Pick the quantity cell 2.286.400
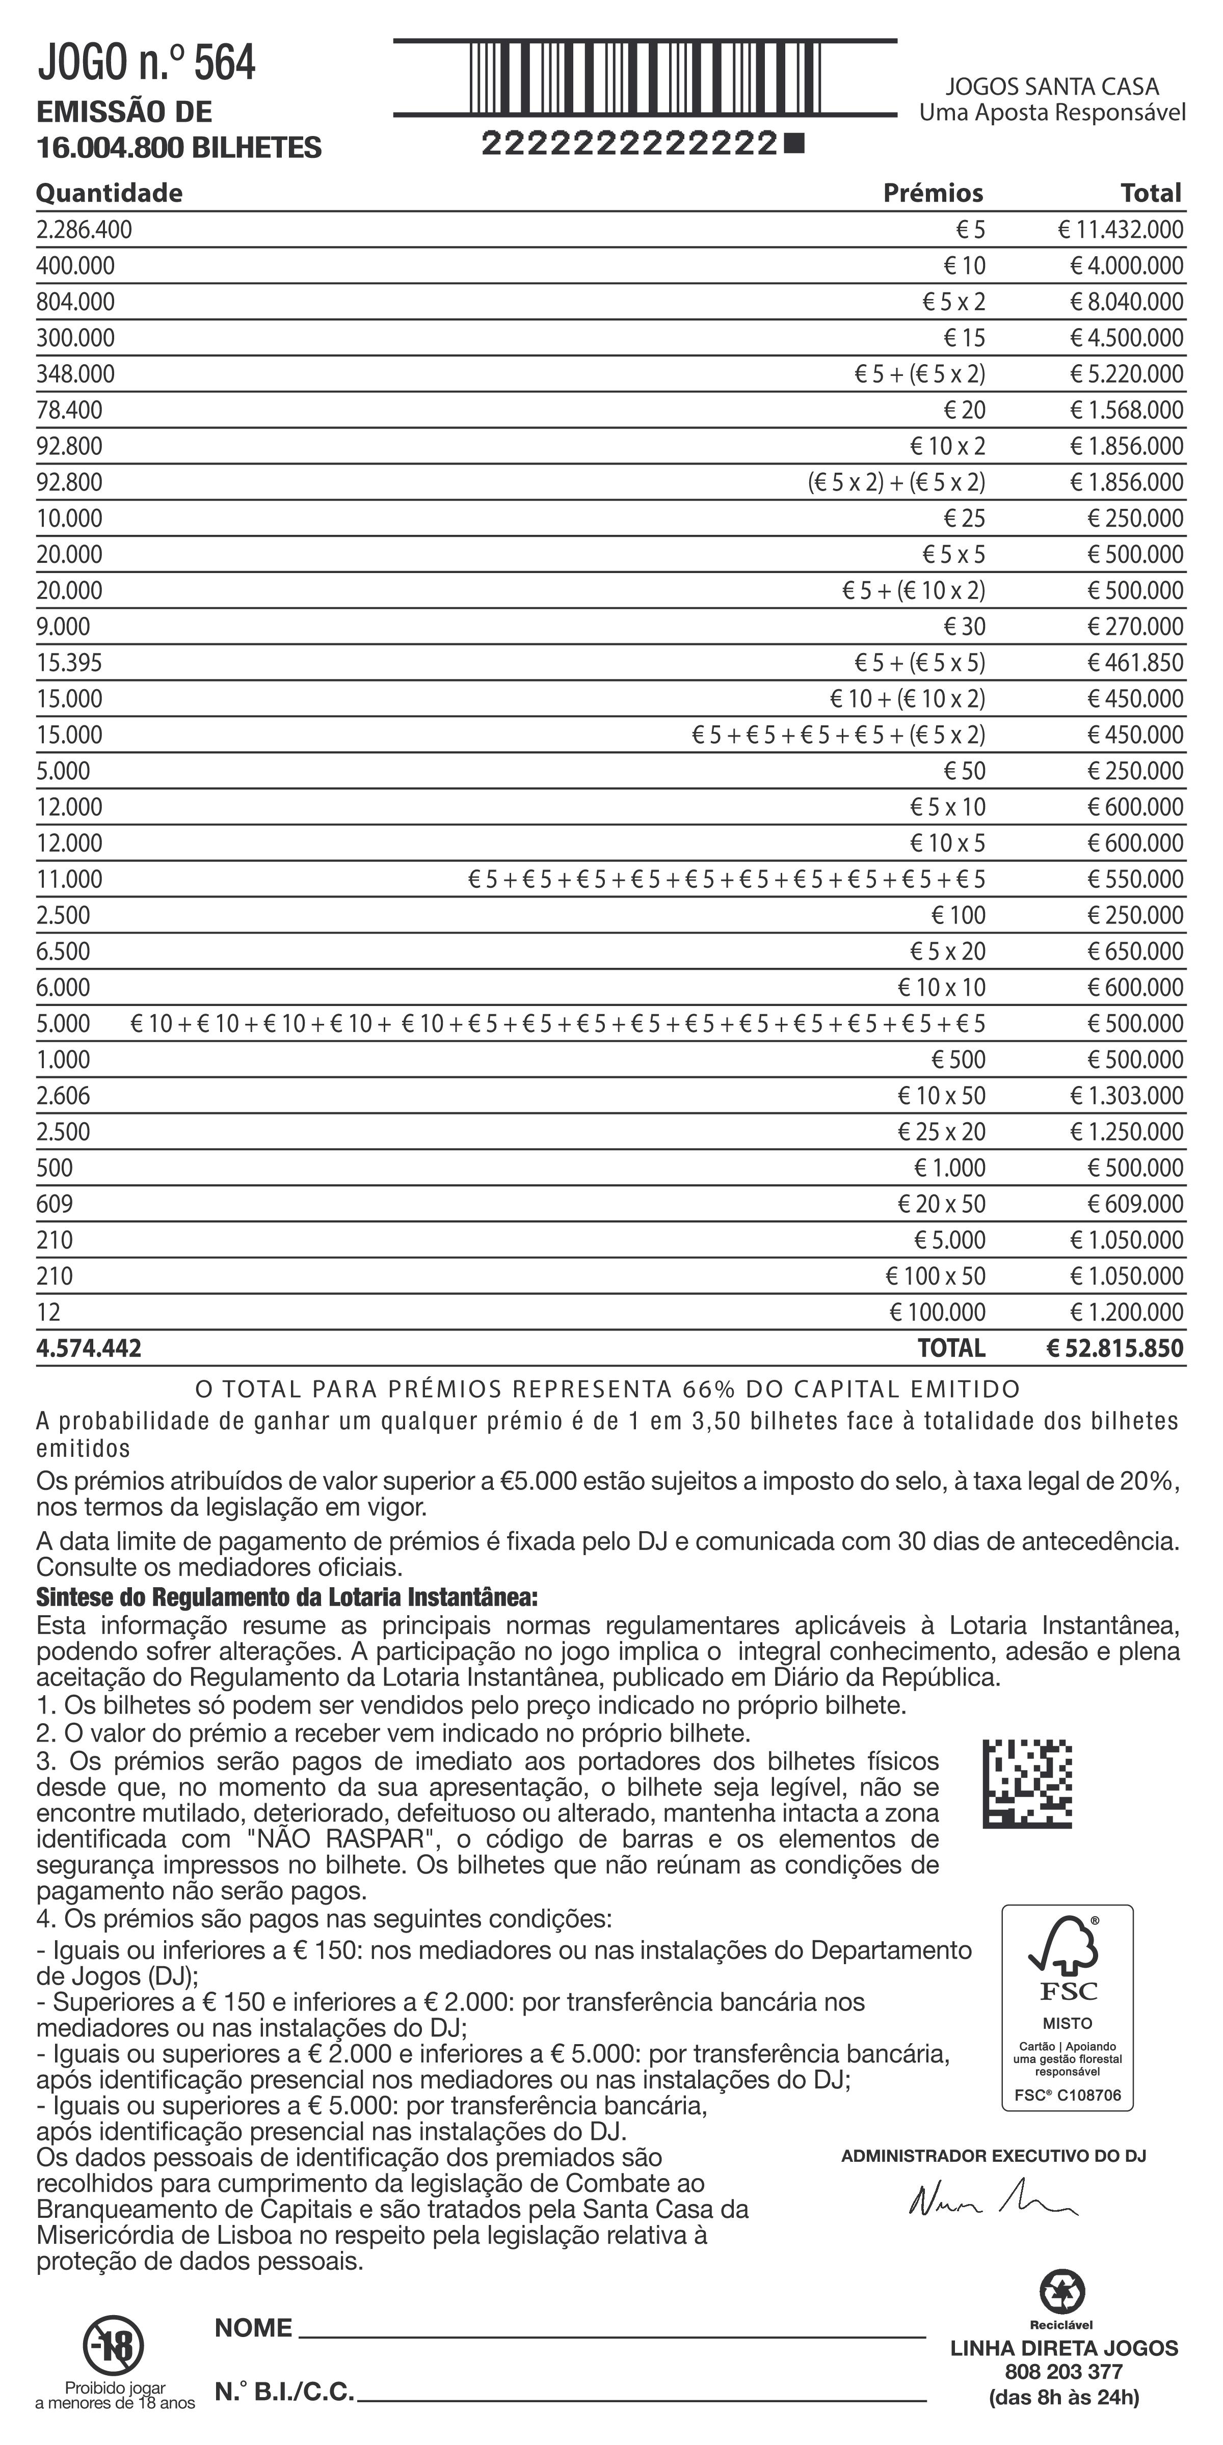click(x=85, y=230)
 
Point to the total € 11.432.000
click(x=1121, y=230)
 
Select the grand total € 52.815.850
click(x=1115, y=1349)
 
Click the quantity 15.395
click(x=69, y=663)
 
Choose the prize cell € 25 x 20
click(x=941, y=1132)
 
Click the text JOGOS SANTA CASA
click(x=1052, y=87)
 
